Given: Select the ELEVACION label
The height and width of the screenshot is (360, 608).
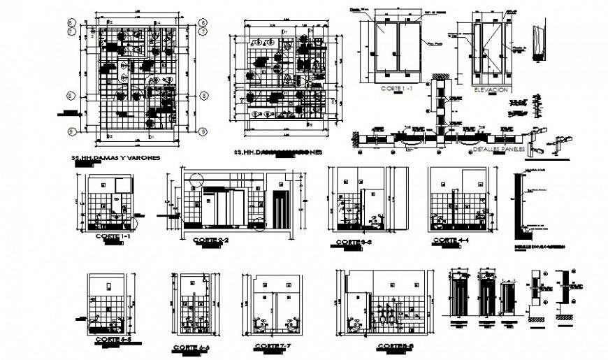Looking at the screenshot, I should pyautogui.click(x=490, y=91).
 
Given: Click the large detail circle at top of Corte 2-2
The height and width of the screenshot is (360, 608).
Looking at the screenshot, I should pyautogui.click(x=194, y=178).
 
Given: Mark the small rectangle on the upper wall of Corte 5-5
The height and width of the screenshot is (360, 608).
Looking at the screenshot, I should pyautogui.click(x=108, y=286).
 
